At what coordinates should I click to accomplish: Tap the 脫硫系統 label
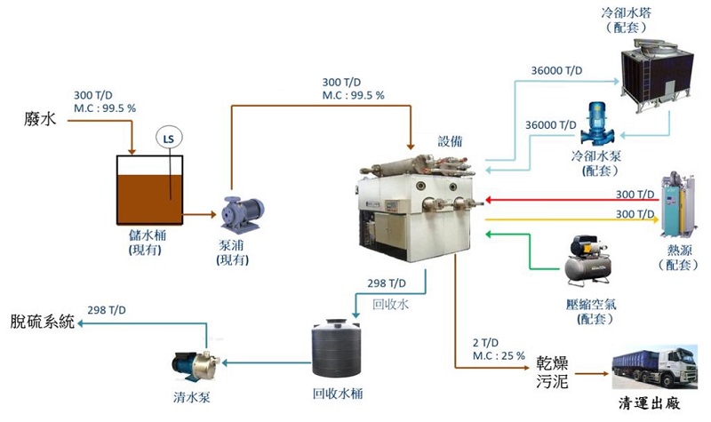pyautogui.click(x=42, y=322)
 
